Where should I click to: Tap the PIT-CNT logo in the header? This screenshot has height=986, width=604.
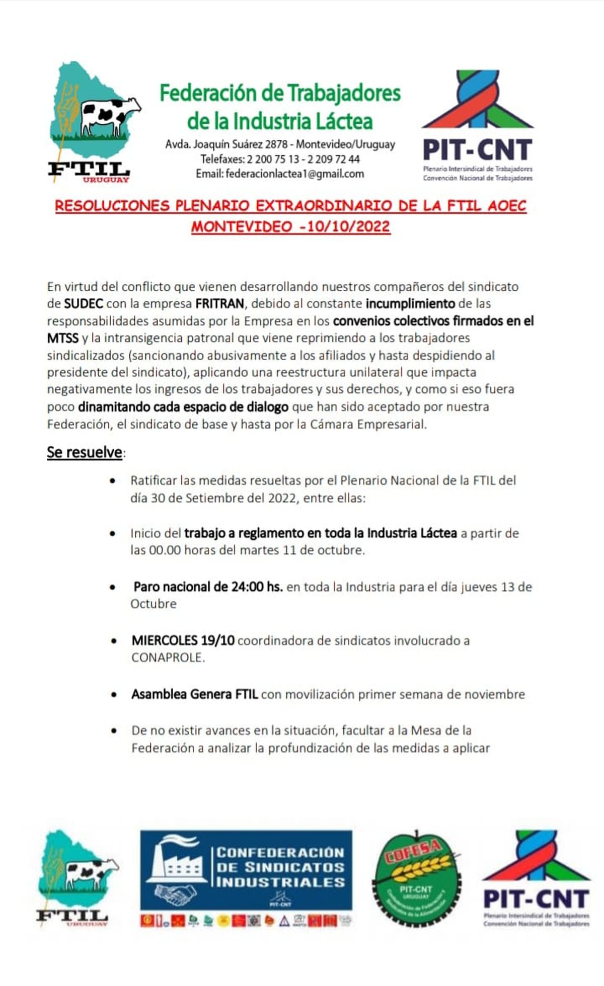click(x=477, y=126)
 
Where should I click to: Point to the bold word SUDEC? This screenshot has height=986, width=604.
click(x=84, y=304)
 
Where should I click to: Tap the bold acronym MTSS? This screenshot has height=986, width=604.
click(x=62, y=338)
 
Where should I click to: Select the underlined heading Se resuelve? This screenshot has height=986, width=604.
click(x=85, y=452)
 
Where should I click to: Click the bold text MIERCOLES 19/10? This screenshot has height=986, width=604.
click(x=183, y=640)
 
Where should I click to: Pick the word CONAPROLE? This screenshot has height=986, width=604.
click(x=168, y=658)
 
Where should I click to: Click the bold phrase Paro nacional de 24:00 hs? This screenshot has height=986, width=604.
click(x=208, y=587)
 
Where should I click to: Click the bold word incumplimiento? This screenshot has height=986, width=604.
click(x=410, y=304)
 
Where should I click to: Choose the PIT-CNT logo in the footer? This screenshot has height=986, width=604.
click(x=536, y=879)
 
